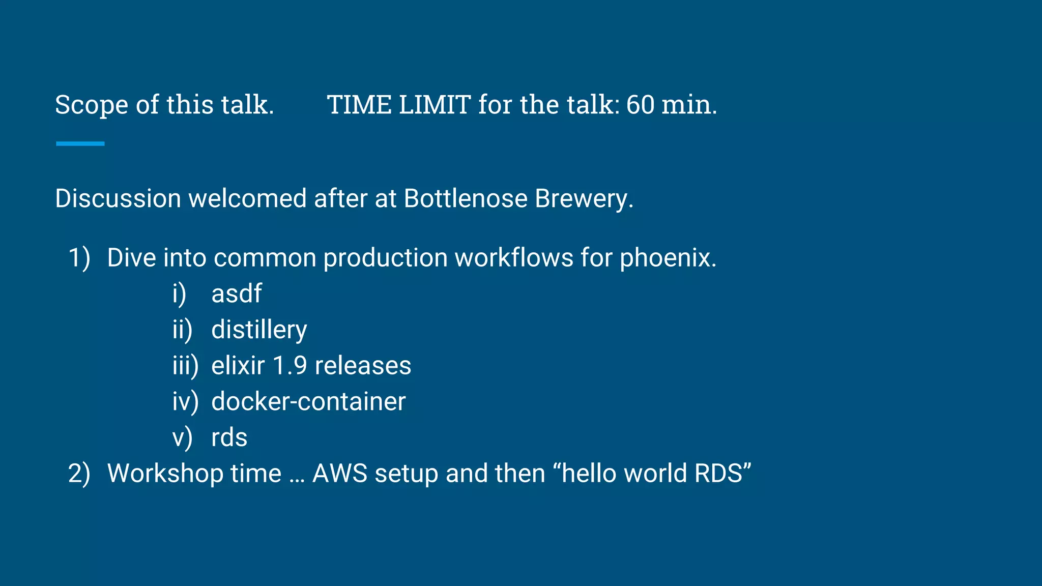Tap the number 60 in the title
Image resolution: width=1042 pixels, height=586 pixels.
[x=640, y=105]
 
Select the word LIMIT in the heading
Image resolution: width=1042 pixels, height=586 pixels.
[x=435, y=105]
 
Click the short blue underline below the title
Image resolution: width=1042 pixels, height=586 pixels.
[x=80, y=144]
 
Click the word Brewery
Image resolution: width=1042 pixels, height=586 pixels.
[x=584, y=198]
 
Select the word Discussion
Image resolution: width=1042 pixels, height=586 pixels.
[x=118, y=198]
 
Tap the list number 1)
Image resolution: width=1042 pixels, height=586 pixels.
[x=79, y=258]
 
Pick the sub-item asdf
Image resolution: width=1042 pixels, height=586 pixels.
[x=237, y=294]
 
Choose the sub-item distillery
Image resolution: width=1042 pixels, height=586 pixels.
[x=259, y=330]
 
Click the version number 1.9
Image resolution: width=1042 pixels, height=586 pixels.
[x=290, y=366]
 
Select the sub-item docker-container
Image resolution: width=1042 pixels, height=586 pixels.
[x=308, y=402]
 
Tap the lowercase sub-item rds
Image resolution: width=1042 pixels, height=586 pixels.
[x=229, y=438]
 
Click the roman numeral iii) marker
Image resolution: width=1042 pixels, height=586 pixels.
[x=185, y=366]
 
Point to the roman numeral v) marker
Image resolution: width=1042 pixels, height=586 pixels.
[x=182, y=438]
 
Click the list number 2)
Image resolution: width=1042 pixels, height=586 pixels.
[x=79, y=474]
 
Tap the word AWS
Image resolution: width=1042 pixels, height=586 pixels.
[x=340, y=474]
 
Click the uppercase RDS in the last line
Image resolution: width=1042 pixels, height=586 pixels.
[x=718, y=474]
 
